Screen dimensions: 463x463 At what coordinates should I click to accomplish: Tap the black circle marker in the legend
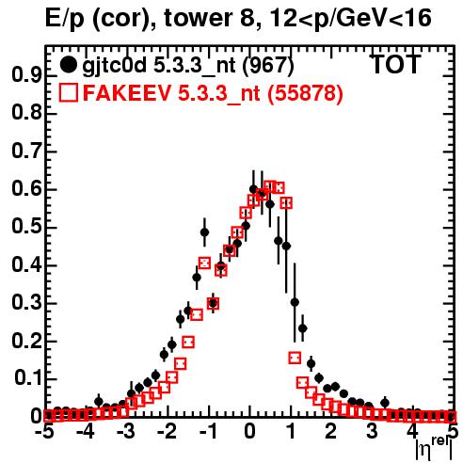pos(68,65)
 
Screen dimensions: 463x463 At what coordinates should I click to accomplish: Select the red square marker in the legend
pos(68,92)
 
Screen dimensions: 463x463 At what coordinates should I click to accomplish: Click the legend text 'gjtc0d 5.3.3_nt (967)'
pos(188,66)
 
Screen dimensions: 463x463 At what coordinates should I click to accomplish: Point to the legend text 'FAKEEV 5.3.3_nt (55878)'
pos(213,93)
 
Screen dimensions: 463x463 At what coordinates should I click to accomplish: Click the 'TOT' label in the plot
pos(395,64)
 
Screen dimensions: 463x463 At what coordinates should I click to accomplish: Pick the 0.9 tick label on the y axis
pos(26,75)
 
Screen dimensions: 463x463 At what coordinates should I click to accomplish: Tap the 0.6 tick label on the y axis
pos(26,189)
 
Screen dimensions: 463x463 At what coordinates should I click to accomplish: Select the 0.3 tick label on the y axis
pos(26,303)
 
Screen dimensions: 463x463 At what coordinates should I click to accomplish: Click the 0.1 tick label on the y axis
pos(27,378)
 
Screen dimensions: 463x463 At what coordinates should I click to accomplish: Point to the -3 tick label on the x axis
pos(126,432)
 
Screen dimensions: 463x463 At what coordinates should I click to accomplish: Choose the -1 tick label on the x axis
pos(208,432)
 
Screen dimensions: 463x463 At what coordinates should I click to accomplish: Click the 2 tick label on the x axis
pos(331,432)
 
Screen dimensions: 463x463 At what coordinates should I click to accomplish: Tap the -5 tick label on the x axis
pos(44,432)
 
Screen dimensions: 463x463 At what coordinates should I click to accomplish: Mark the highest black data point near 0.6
pos(253,189)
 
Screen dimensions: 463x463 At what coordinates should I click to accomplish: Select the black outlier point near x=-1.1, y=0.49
pos(204,232)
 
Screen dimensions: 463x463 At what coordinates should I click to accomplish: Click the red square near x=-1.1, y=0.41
pos(204,263)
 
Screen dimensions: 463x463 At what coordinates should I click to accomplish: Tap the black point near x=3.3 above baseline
pos(385,403)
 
